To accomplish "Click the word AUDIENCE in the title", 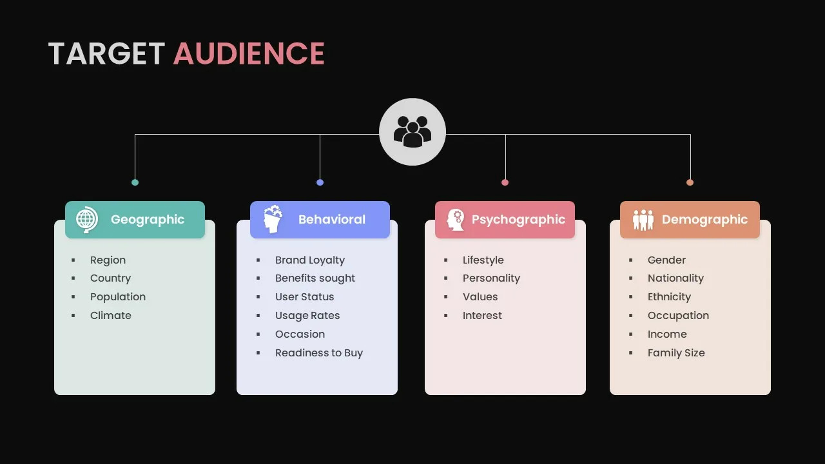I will click(249, 53).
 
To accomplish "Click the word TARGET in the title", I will click(107, 53).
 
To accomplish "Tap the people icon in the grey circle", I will click(412, 131).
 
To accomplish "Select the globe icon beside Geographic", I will click(86, 220).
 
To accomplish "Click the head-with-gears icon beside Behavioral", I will click(273, 219).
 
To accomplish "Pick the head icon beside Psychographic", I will click(455, 220).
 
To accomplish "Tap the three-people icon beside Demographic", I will click(643, 220).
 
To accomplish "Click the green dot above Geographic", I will click(135, 182).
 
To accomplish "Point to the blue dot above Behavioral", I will click(320, 182).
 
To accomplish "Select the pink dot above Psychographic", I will click(505, 182).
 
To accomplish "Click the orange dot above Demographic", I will click(690, 182).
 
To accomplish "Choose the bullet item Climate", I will click(111, 315).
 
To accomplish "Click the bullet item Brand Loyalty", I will click(310, 260).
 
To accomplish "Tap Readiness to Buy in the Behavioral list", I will click(319, 353).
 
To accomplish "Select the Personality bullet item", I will click(491, 278).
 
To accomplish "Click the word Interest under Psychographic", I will click(482, 315).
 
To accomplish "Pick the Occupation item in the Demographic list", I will click(678, 315).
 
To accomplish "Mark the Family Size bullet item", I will click(676, 353).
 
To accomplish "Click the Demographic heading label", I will click(704, 220).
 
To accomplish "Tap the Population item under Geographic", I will click(118, 296).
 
